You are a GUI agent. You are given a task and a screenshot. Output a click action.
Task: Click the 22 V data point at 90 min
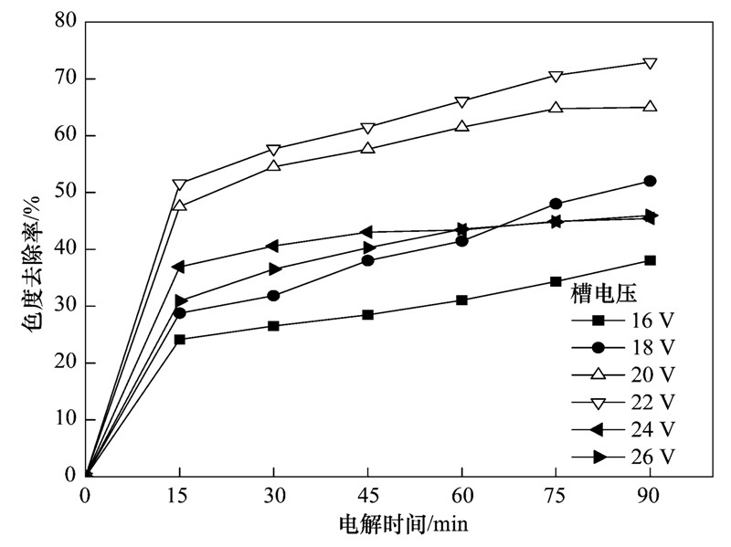point(650,63)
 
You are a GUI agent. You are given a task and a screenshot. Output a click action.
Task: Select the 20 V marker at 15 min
point(180,205)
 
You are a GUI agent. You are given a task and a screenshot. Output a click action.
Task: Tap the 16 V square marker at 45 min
point(367,314)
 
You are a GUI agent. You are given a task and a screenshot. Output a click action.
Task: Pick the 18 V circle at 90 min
point(650,181)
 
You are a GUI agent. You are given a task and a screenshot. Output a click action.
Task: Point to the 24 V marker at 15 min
point(179,267)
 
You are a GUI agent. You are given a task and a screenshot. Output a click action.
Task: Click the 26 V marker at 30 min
point(274,269)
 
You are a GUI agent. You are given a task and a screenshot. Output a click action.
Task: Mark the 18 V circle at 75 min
point(556,204)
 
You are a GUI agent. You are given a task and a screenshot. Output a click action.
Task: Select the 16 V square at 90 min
point(650,260)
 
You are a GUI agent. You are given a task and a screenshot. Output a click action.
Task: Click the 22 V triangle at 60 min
point(461,102)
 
